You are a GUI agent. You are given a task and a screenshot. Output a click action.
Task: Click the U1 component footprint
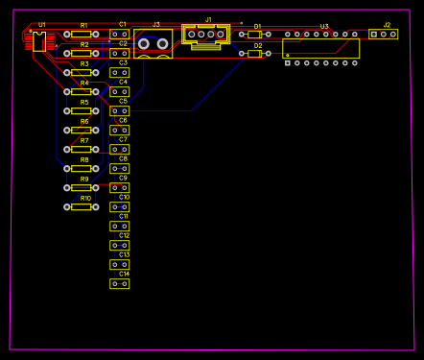(x=38, y=41)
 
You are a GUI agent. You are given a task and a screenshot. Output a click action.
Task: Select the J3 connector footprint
(x=153, y=43)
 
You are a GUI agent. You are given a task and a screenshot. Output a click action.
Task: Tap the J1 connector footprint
(x=206, y=36)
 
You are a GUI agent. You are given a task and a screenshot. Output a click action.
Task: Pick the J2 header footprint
(x=384, y=35)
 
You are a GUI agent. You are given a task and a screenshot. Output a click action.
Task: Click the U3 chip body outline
(x=320, y=48)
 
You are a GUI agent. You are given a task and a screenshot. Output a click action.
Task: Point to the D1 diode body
(x=254, y=35)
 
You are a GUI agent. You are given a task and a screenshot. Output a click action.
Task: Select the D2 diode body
(x=254, y=54)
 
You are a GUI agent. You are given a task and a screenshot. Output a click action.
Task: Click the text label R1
(x=83, y=25)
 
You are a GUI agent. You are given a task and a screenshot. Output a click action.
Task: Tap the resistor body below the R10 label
(x=82, y=206)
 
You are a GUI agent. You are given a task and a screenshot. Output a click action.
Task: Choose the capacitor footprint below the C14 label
(x=119, y=283)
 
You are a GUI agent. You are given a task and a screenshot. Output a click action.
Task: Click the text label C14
(x=124, y=274)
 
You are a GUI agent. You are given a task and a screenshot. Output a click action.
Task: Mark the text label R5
(x=84, y=102)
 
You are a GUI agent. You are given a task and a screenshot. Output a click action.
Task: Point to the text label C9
(x=123, y=178)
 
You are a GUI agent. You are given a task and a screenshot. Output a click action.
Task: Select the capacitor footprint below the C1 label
(x=119, y=34)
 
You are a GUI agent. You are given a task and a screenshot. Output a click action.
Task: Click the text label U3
(x=324, y=27)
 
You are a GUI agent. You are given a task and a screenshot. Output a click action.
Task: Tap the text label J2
(x=387, y=24)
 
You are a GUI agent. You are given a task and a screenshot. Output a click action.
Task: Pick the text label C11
(x=124, y=216)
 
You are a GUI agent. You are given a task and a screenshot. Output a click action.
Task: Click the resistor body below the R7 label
(x=82, y=149)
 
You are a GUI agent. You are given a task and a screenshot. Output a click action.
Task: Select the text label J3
(x=156, y=24)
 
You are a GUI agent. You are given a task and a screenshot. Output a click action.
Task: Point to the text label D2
(x=257, y=45)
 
